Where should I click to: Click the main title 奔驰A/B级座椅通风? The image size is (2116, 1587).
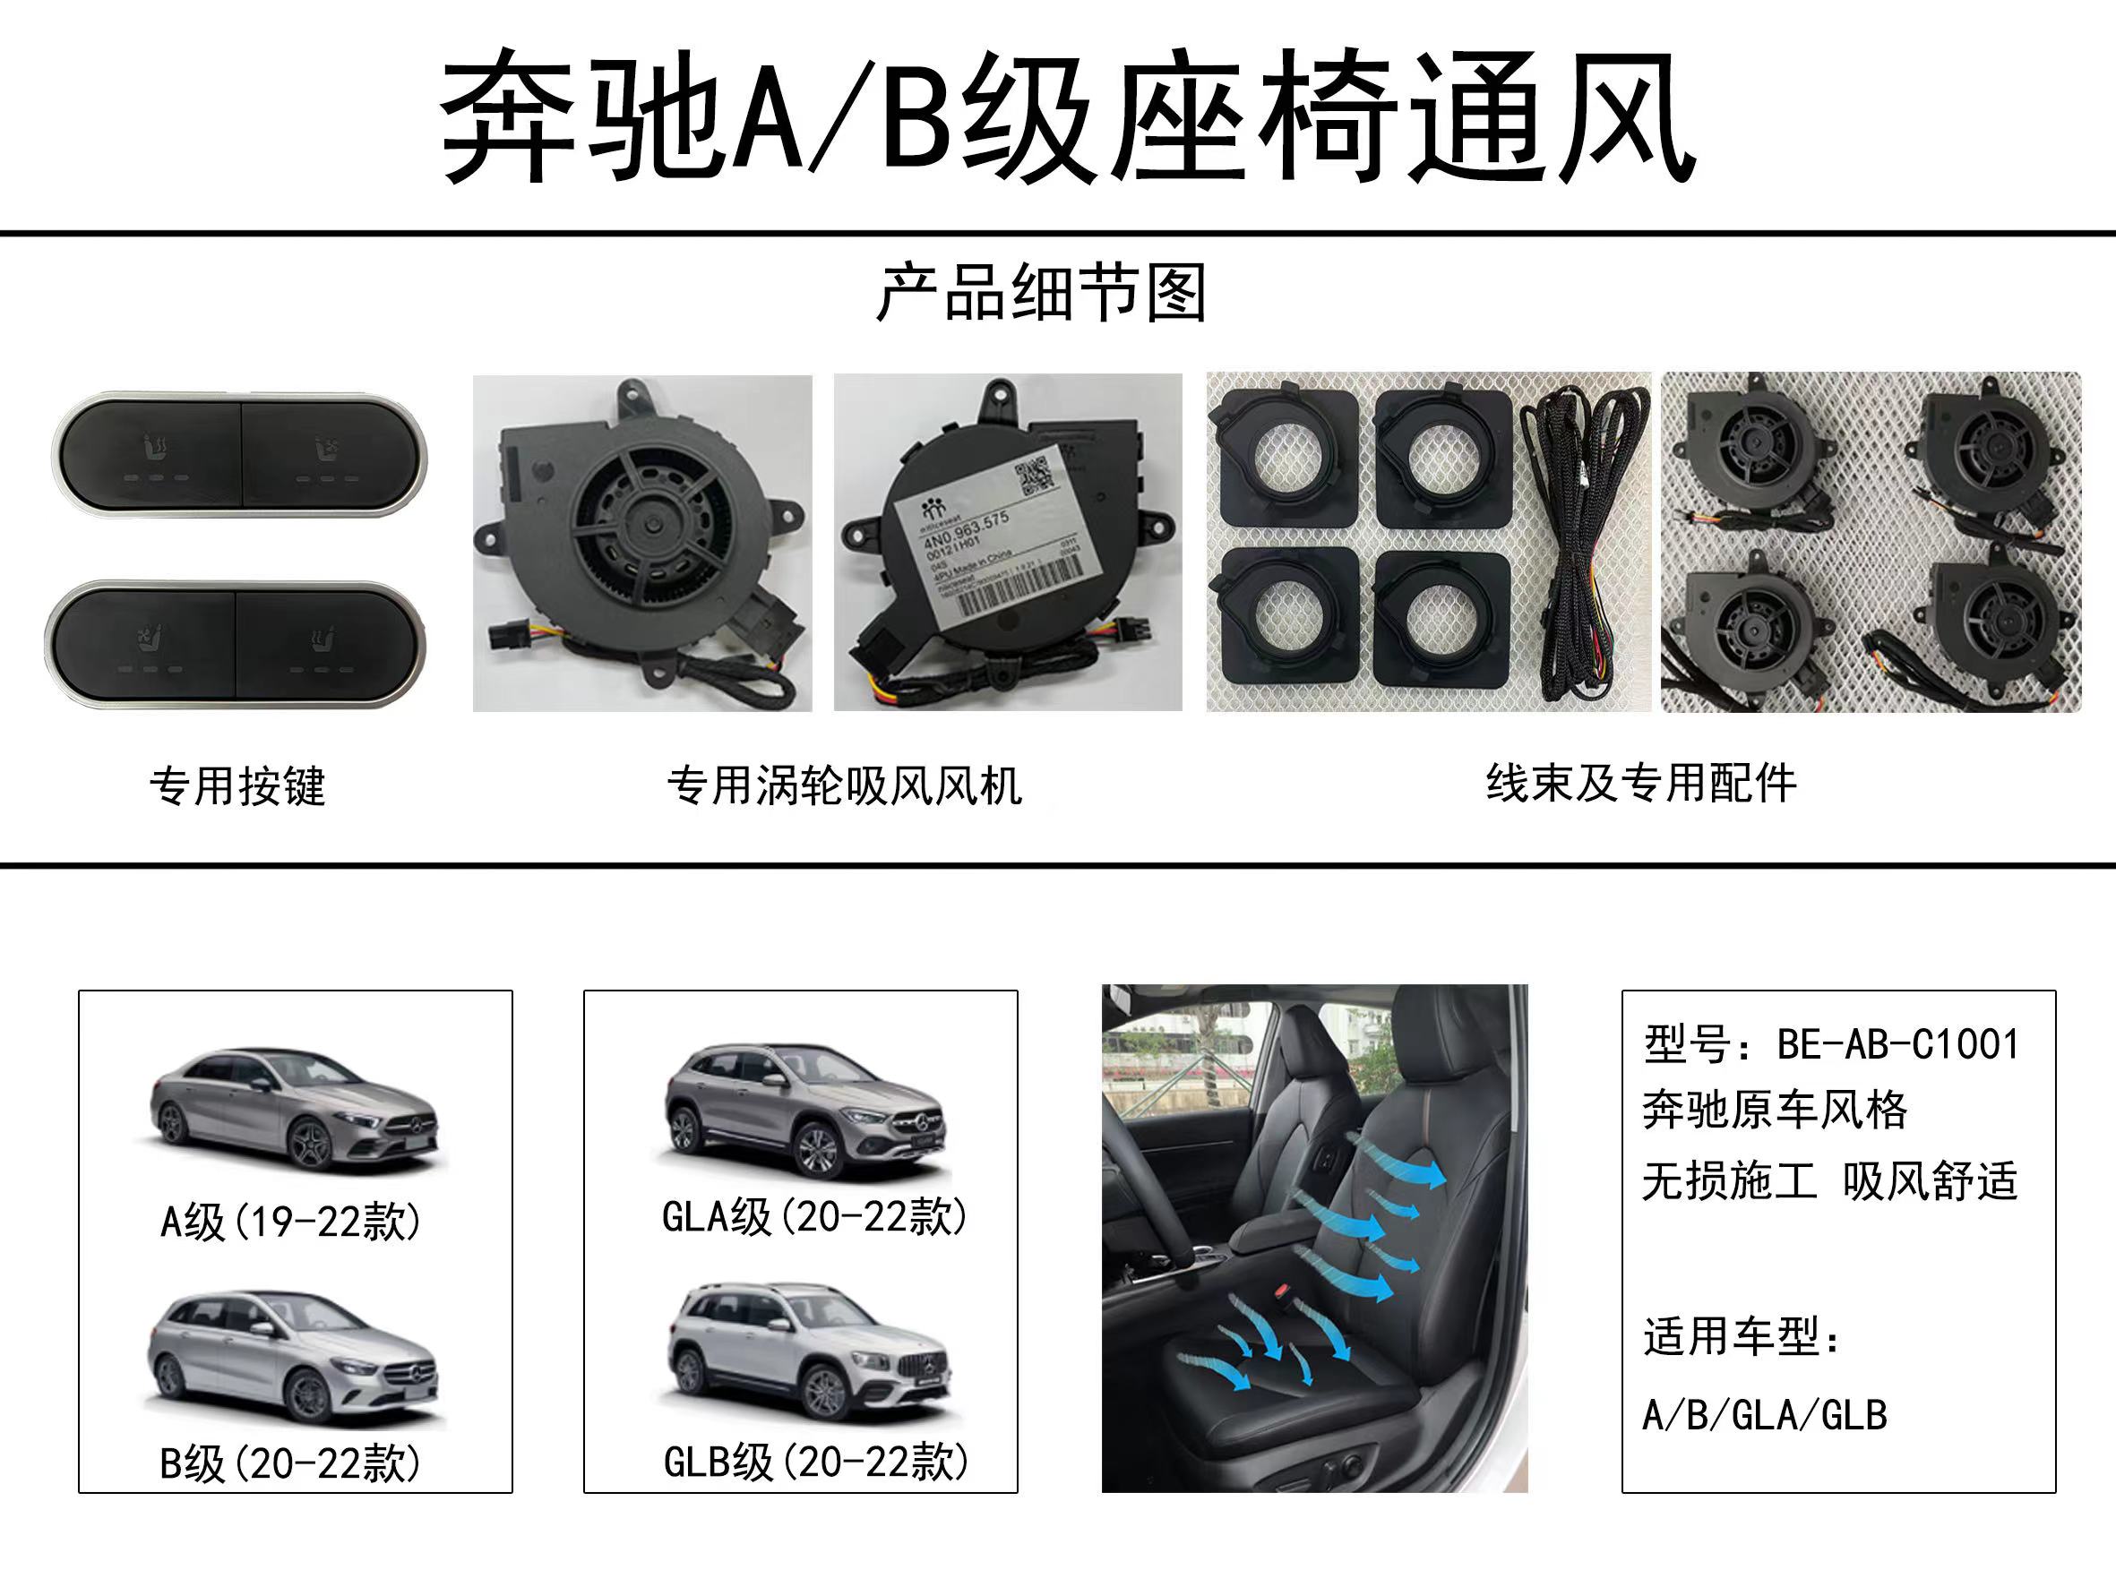point(1067,116)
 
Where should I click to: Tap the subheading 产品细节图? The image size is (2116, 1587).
point(1042,294)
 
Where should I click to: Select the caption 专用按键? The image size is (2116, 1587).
point(237,786)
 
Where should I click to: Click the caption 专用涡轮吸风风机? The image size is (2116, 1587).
point(845,786)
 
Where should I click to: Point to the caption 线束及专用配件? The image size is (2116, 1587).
point(1640,784)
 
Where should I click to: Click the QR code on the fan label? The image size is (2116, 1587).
point(1033,476)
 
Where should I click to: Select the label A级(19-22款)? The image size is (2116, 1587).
point(291,1222)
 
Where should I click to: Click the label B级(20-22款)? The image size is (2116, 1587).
point(291,1463)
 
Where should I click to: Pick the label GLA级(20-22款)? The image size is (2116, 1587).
point(814,1218)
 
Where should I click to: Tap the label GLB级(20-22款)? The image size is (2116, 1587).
point(816,1462)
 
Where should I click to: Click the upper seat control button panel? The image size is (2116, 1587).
point(239,453)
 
